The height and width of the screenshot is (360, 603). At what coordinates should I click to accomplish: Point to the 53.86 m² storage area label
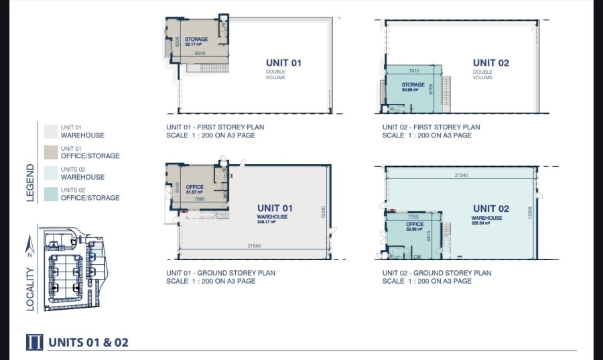coord(413,89)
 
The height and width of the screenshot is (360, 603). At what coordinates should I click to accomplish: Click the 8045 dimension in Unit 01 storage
coord(200,53)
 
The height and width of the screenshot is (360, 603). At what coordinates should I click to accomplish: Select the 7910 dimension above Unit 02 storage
coord(413,70)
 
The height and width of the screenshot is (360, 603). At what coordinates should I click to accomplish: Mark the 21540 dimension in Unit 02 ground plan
coord(461,174)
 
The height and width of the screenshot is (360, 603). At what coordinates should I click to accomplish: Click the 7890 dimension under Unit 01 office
coord(200,199)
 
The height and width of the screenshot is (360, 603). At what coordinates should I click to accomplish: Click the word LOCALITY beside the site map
coord(29,290)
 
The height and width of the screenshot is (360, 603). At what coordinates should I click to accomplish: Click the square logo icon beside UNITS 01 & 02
coord(34,342)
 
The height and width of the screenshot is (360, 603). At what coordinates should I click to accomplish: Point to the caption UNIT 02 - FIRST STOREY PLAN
coord(431,127)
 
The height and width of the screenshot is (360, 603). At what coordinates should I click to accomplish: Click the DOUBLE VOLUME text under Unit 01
coord(275,74)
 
